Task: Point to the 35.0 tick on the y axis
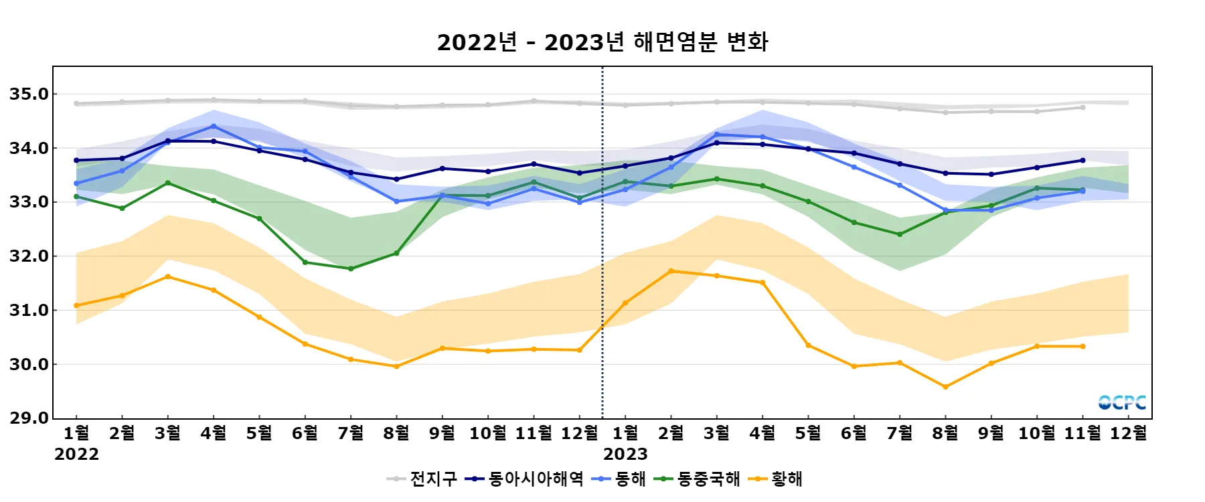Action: pos(29,94)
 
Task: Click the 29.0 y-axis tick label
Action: pos(29,418)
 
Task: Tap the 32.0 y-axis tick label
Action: pos(29,256)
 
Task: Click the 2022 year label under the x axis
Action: pos(76,454)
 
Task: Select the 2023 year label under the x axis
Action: pos(625,454)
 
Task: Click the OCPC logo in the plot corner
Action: pos(1122,402)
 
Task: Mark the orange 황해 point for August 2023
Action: pos(945,387)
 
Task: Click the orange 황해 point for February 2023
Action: pos(671,271)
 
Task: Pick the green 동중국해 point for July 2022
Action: pos(351,269)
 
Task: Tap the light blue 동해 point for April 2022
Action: pos(214,126)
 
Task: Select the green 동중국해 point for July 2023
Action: pos(900,234)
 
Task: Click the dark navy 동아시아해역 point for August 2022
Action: pos(396,179)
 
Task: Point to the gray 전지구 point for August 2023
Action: pos(945,112)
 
